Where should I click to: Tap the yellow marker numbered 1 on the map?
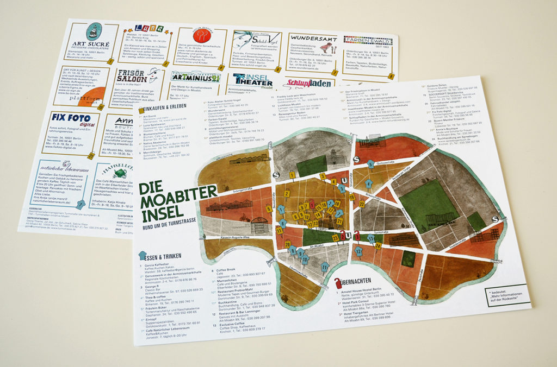[293, 175]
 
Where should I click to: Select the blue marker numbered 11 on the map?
[325, 267]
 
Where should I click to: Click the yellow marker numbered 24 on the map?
[377, 245]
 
